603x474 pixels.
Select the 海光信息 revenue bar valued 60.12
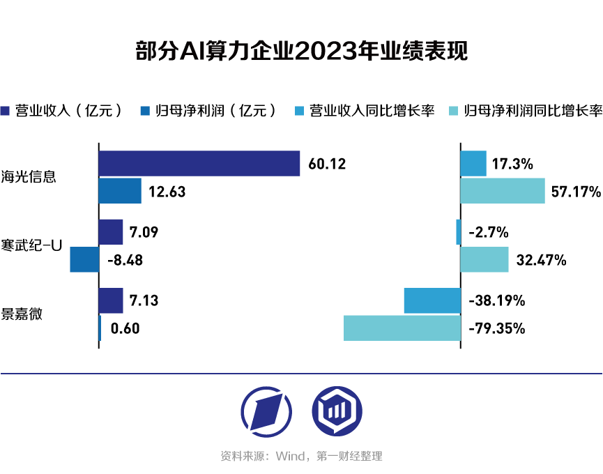point(199,163)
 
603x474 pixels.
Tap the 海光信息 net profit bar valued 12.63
point(120,190)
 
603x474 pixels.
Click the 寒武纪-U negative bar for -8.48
point(84,259)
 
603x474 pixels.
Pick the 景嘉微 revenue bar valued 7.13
point(111,300)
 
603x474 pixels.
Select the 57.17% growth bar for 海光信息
point(502,190)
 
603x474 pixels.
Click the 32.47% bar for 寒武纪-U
point(484,259)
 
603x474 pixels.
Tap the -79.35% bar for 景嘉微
point(402,328)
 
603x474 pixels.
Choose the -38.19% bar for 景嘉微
point(432,300)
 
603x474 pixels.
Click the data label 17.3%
point(512,165)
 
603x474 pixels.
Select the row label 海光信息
point(29,176)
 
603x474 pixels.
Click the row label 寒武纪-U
point(32,245)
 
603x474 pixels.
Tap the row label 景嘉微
point(22,314)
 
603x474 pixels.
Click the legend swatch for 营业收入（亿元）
point(6,110)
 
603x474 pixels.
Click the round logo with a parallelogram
point(266,409)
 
